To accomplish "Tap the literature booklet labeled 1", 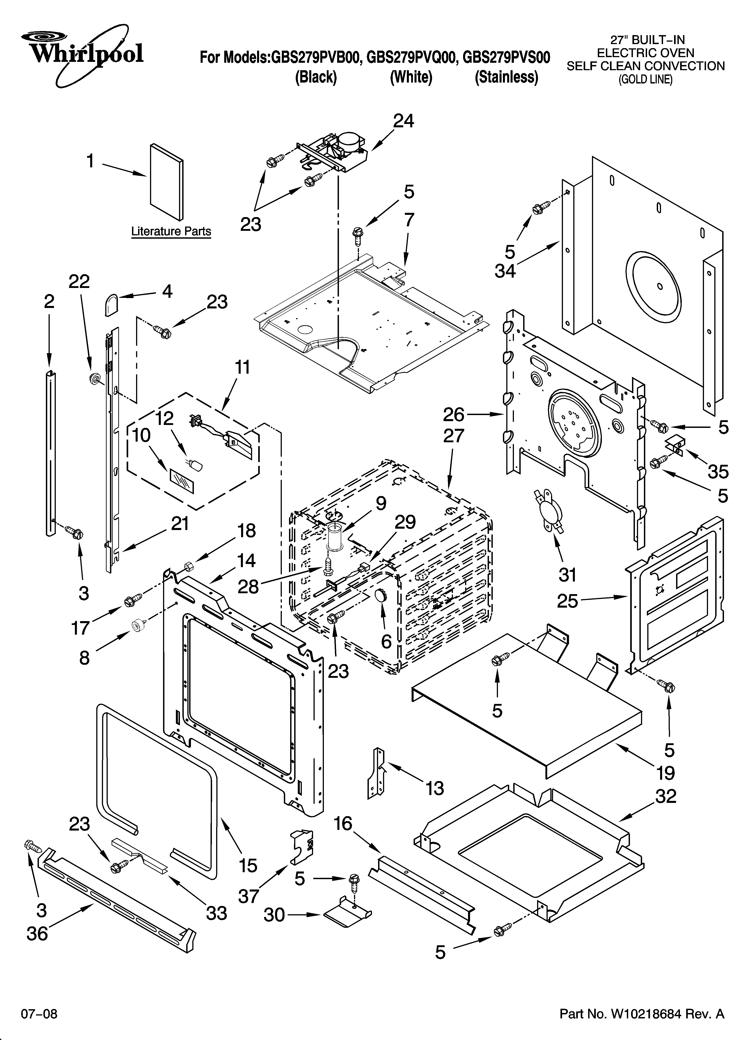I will [x=166, y=182].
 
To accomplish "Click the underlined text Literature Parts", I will [x=171, y=231].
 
